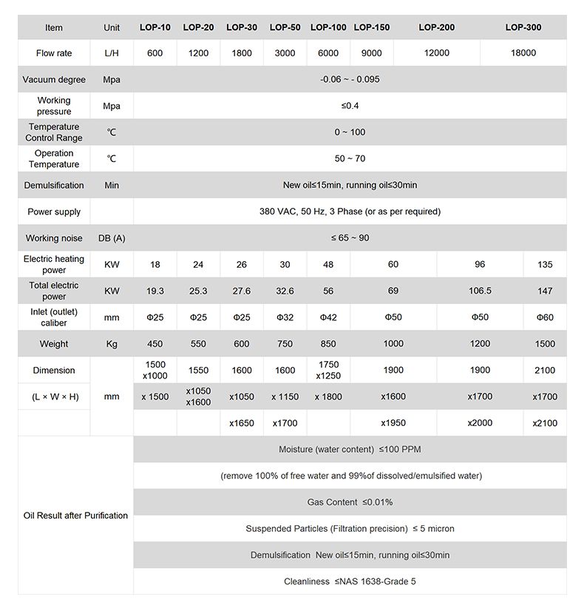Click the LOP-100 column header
(328, 27)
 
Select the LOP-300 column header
(523, 27)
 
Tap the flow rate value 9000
(372, 53)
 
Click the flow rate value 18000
(523, 53)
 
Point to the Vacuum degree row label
(54, 80)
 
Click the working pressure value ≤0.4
(350, 106)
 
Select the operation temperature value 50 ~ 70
(350, 159)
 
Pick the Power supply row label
(54, 212)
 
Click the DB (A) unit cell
(112, 238)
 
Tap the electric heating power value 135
(545, 265)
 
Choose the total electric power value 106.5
(480, 291)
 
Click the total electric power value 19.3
(155, 291)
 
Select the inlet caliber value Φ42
(328, 318)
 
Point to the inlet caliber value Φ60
(545, 318)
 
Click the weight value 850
(328, 344)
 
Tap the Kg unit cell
(112, 344)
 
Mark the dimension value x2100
(545, 423)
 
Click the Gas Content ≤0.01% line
(350, 502)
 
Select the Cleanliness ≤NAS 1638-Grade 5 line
(350, 581)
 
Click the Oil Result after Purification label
(75, 516)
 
